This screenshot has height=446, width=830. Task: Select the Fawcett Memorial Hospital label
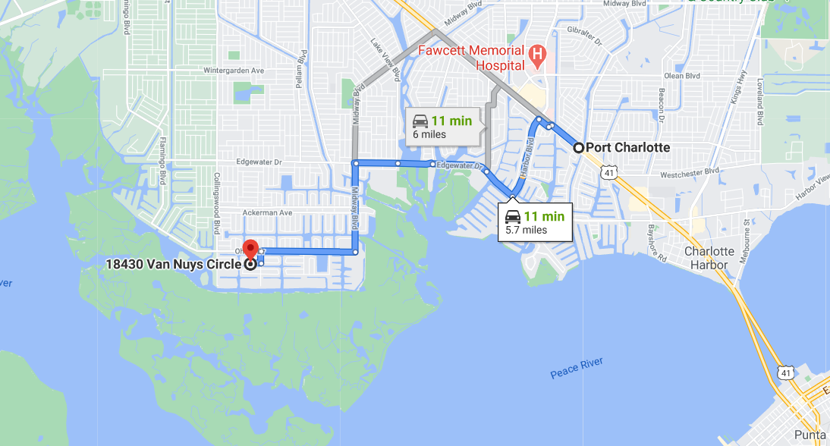(x=472, y=58)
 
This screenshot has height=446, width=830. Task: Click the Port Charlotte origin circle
(x=579, y=148)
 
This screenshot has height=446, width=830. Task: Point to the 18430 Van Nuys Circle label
(x=174, y=265)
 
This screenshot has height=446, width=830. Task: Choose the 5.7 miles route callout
(x=536, y=222)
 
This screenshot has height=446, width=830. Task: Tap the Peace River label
(x=577, y=368)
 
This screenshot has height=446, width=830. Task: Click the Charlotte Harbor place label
(x=709, y=258)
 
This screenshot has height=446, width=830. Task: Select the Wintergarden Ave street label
(x=234, y=71)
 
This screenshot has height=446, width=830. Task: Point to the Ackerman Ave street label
(x=266, y=213)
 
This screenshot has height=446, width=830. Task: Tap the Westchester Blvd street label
(x=689, y=172)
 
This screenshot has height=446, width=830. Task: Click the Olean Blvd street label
(x=682, y=76)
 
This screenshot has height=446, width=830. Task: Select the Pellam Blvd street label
(x=303, y=68)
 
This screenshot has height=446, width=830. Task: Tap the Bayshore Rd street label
(x=657, y=241)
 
